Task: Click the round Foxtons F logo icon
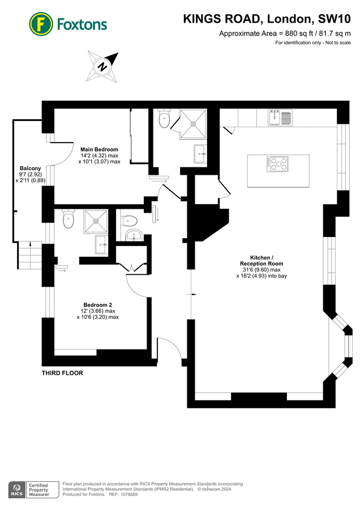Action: pos(41,24)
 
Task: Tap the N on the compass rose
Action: pos(102,66)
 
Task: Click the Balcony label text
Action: pos(30,169)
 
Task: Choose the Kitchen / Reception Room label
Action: pos(262,261)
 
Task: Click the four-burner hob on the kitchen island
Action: pos(277,164)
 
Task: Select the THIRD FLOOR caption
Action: pos(62,373)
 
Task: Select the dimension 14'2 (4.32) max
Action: pos(99,156)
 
